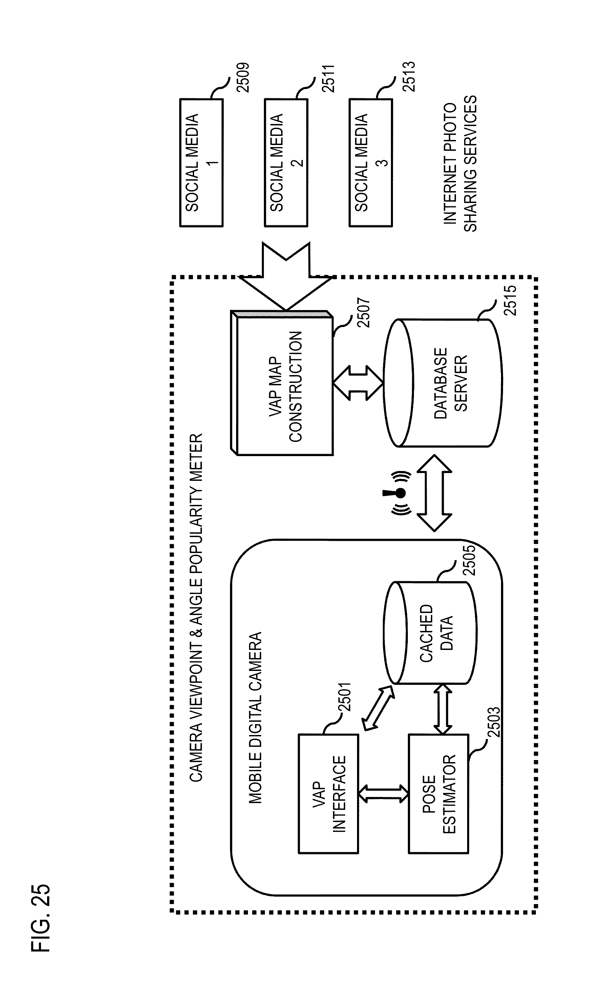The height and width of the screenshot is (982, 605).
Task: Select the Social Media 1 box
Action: pos(201,163)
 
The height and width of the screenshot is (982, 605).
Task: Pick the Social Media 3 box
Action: pos(371,163)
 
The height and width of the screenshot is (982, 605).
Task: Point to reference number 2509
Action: pos(243,78)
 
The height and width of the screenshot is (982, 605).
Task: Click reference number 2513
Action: pos(409,77)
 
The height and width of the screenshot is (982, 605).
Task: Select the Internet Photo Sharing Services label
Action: pos(460,164)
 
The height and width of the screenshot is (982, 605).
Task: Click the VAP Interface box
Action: pos(329,794)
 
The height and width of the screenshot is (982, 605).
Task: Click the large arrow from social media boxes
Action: pos(286,276)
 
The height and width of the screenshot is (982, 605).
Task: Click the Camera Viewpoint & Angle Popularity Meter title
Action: pos(196,608)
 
